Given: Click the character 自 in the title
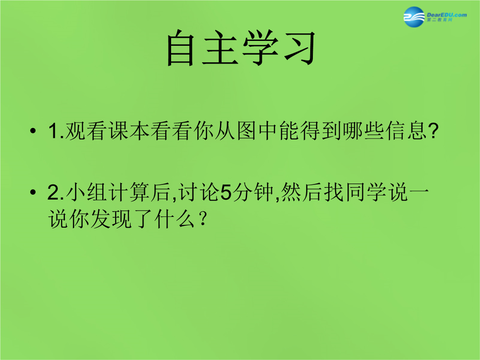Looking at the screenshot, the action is click(180, 48).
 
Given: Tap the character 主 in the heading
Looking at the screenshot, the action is click(220, 48).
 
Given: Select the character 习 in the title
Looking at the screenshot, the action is click(300, 48).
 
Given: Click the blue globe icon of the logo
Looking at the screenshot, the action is click(414, 17).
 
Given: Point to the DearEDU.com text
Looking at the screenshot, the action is click(447, 15).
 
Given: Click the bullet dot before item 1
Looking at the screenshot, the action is click(33, 131).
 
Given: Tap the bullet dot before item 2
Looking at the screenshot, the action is click(33, 192).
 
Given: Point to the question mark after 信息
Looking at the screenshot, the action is click(433, 131).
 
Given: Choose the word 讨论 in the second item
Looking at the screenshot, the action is click(199, 192).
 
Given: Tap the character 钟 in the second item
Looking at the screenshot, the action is click(263, 192).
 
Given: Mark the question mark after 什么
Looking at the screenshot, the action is click(202, 219).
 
